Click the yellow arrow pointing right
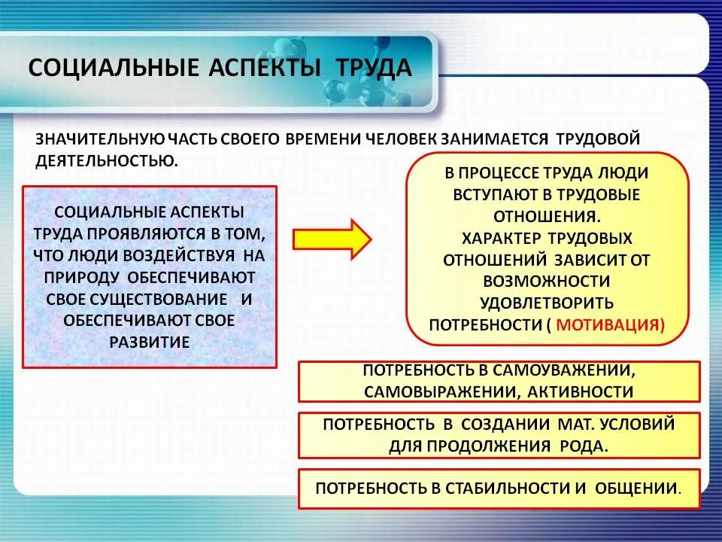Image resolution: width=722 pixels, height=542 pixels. (x=332, y=240)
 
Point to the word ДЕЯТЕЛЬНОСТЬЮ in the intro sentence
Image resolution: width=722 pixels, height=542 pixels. (x=106, y=160)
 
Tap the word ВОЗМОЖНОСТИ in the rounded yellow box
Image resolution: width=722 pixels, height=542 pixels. (x=546, y=282)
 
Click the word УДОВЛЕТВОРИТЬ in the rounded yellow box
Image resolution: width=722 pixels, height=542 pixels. (x=546, y=303)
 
